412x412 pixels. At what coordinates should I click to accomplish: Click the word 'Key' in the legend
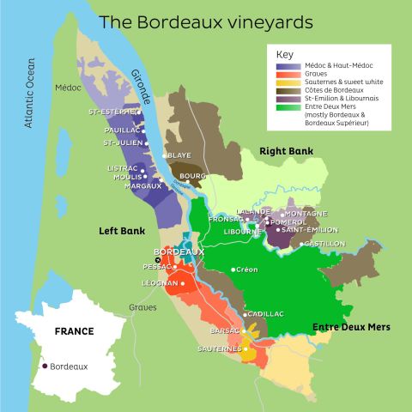[283, 53]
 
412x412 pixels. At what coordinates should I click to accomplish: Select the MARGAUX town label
[142, 185]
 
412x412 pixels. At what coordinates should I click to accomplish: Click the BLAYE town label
[179, 155]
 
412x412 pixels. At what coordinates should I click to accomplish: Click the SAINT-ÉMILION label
[309, 230]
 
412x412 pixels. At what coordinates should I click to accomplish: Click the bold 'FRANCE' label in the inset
[74, 330]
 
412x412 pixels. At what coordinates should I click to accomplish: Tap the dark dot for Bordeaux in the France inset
[45, 367]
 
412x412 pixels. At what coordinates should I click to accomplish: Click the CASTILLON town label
[324, 244]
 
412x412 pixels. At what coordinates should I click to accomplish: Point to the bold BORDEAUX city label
[178, 252]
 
